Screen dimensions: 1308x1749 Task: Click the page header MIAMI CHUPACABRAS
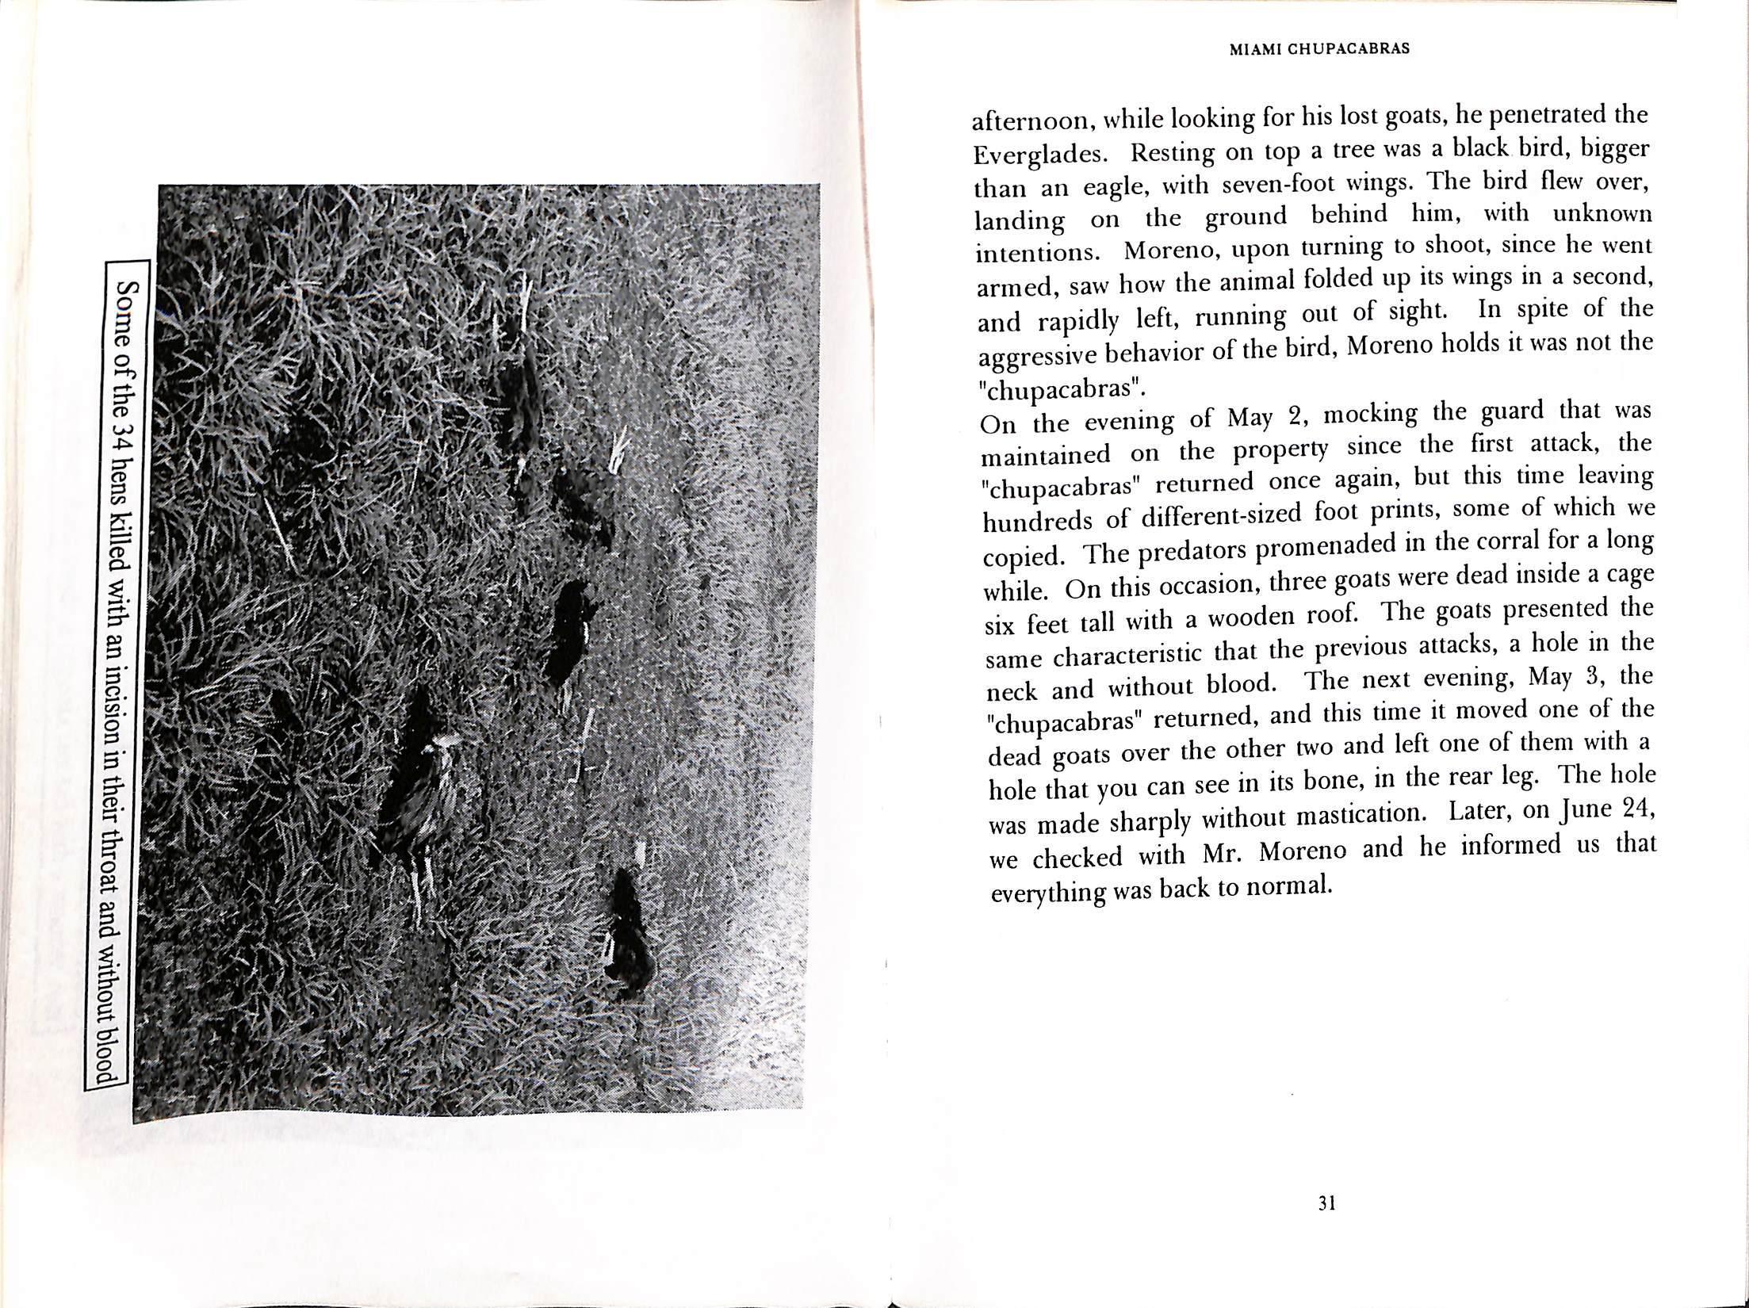tap(1318, 48)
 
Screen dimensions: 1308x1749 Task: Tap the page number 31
tap(1327, 1226)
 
